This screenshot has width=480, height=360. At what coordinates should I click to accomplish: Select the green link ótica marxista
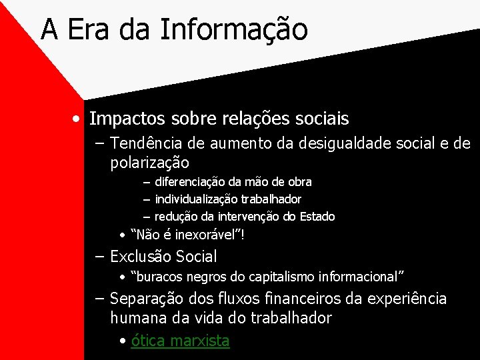tap(180, 341)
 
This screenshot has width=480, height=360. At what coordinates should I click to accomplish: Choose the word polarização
tap(149, 162)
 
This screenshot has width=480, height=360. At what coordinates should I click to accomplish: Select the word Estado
tap(317, 216)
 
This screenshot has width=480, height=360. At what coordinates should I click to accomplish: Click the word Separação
tap(145, 299)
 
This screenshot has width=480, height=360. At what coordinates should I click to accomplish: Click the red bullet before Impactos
tap(79, 119)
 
